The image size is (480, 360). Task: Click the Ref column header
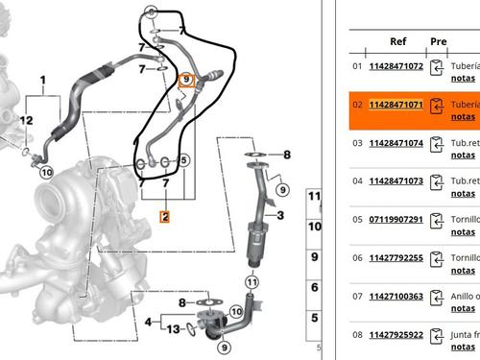click(398, 41)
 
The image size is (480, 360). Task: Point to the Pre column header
click(439, 41)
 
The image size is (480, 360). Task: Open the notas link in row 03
click(463, 156)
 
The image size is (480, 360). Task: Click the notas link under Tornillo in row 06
click(463, 270)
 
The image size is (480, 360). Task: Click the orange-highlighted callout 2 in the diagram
click(165, 217)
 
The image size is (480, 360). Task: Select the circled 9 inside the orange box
click(187, 80)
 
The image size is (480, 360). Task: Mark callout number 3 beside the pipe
click(280, 216)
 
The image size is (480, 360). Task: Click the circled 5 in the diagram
click(183, 160)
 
